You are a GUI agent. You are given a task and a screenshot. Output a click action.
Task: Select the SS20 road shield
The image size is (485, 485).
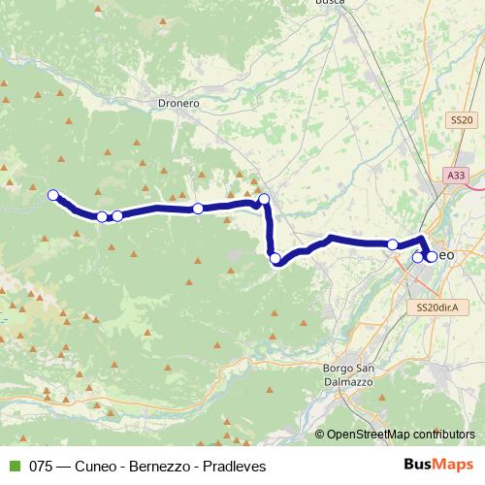pos(462,119)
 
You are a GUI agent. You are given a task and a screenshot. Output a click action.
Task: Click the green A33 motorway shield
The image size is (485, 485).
pos(456,175)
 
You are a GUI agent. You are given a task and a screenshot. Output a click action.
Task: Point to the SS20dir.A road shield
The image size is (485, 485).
pos(436,307)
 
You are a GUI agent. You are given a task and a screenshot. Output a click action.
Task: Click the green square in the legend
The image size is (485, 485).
pos(12,465)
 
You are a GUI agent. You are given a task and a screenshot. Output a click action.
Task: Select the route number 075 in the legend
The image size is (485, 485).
pos(41,465)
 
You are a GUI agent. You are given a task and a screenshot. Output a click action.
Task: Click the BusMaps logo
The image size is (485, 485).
pos(438,465)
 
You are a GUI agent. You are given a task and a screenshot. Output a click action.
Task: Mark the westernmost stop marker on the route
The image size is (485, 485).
pos(53,194)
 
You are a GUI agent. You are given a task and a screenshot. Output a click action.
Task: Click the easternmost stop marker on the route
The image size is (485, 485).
pos(431,257)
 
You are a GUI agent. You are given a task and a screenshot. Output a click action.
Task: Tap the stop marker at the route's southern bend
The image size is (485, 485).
pos(275,258)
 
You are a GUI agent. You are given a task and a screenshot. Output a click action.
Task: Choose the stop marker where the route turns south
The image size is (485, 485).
pos(263,200)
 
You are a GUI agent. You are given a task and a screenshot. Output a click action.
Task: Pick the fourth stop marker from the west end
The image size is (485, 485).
pos(198,209)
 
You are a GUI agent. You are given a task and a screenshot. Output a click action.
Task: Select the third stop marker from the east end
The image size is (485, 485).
pos(393,244)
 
